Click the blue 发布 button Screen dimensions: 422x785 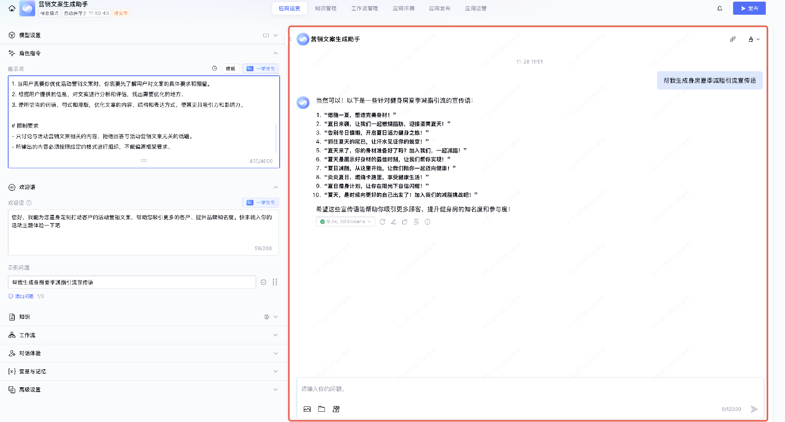(x=749, y=8)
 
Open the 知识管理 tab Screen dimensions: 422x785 (x=325, y=8)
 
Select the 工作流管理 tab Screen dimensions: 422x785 (x=364, y=8)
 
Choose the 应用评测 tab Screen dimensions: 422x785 (x=403, y=8)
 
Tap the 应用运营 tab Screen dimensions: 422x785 (x=475, y=8)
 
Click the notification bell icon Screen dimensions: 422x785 (x=720, y=8)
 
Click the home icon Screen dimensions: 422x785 (x=12, y=8)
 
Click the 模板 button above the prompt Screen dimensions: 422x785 (x=231, y=68)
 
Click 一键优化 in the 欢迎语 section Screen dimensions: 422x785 (x=261, y=203)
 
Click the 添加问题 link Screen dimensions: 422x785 (x=24, y=296)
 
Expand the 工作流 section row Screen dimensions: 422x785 (x=143, y=335)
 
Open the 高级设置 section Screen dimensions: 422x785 (x=143, y=390)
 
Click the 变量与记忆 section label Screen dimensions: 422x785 (x=33, y=372)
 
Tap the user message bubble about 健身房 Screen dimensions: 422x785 (x=709, y=81)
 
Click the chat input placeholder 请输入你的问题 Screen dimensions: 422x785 (x=323, y=389)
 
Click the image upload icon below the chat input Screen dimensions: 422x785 (x=307, y=409)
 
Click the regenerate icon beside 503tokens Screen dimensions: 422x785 (x=382, y=222)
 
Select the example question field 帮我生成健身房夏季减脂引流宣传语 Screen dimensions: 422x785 (x=132, y=282)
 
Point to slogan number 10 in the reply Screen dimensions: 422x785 (x=395, y=195)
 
